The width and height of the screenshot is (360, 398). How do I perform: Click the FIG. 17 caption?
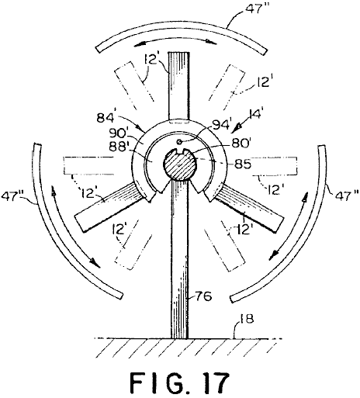(x=179, y=382)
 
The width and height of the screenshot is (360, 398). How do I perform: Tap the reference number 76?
(x=204, y=296)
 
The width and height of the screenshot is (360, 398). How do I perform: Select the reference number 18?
(x=247, y=319)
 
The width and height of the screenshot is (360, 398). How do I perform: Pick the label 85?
(x=242, y=164)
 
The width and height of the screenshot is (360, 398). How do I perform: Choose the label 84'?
(x=106, y=118)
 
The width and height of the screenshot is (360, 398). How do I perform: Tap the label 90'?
(x=118, y=133)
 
